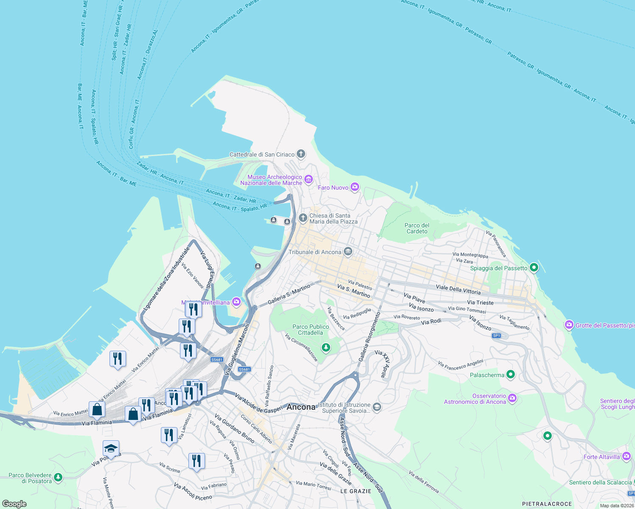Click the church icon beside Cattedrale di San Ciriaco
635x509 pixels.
point(301,154)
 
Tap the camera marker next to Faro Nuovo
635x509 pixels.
point(355,187)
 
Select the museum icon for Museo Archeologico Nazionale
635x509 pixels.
point(308,180)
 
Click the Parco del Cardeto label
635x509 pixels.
point(417,228)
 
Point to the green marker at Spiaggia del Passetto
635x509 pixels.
point(534,268)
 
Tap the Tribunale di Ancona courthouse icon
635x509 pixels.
point(348,252)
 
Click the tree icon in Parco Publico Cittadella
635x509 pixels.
point(326,348)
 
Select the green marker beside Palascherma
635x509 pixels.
point(511,375)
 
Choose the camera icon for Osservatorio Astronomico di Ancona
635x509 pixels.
point(512,398)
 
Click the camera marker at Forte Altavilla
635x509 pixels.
point(627,456)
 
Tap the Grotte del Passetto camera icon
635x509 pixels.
point(569,325)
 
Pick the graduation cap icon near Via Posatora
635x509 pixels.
point(111,448)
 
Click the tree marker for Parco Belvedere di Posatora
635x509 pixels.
point(58,478)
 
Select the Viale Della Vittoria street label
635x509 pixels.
point(458,290)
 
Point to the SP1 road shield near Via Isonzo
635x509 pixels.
point(497,336)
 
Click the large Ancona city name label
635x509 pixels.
point(301,407)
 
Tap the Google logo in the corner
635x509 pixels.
point(14,504)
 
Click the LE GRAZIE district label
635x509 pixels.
point(356,491)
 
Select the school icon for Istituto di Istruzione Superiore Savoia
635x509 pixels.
point(377,408)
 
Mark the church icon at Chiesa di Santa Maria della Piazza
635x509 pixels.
point(303,218)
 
